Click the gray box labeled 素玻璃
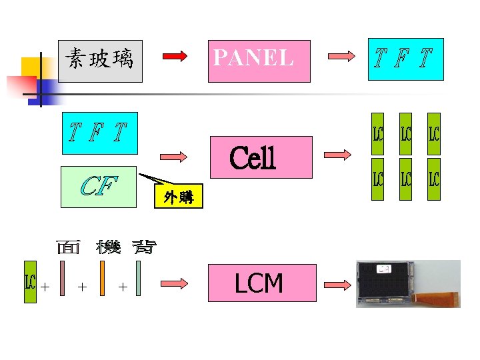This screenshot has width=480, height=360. coord(100,61)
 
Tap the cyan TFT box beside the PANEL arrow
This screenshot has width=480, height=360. coord(407,58)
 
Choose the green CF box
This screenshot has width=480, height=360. coord(98,184)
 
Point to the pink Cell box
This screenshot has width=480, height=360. coord(261,157)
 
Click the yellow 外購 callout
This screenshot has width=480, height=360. coord(177,196)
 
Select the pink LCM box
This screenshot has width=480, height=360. coord(259,283)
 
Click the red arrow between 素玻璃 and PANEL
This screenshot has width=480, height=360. coord(175,57)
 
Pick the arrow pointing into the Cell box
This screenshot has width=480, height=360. coord(173,157)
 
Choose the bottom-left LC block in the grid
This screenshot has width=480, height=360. coord(377,179)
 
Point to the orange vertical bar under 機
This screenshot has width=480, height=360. coord(101,277)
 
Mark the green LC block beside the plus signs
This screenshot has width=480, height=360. coord(30,281)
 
